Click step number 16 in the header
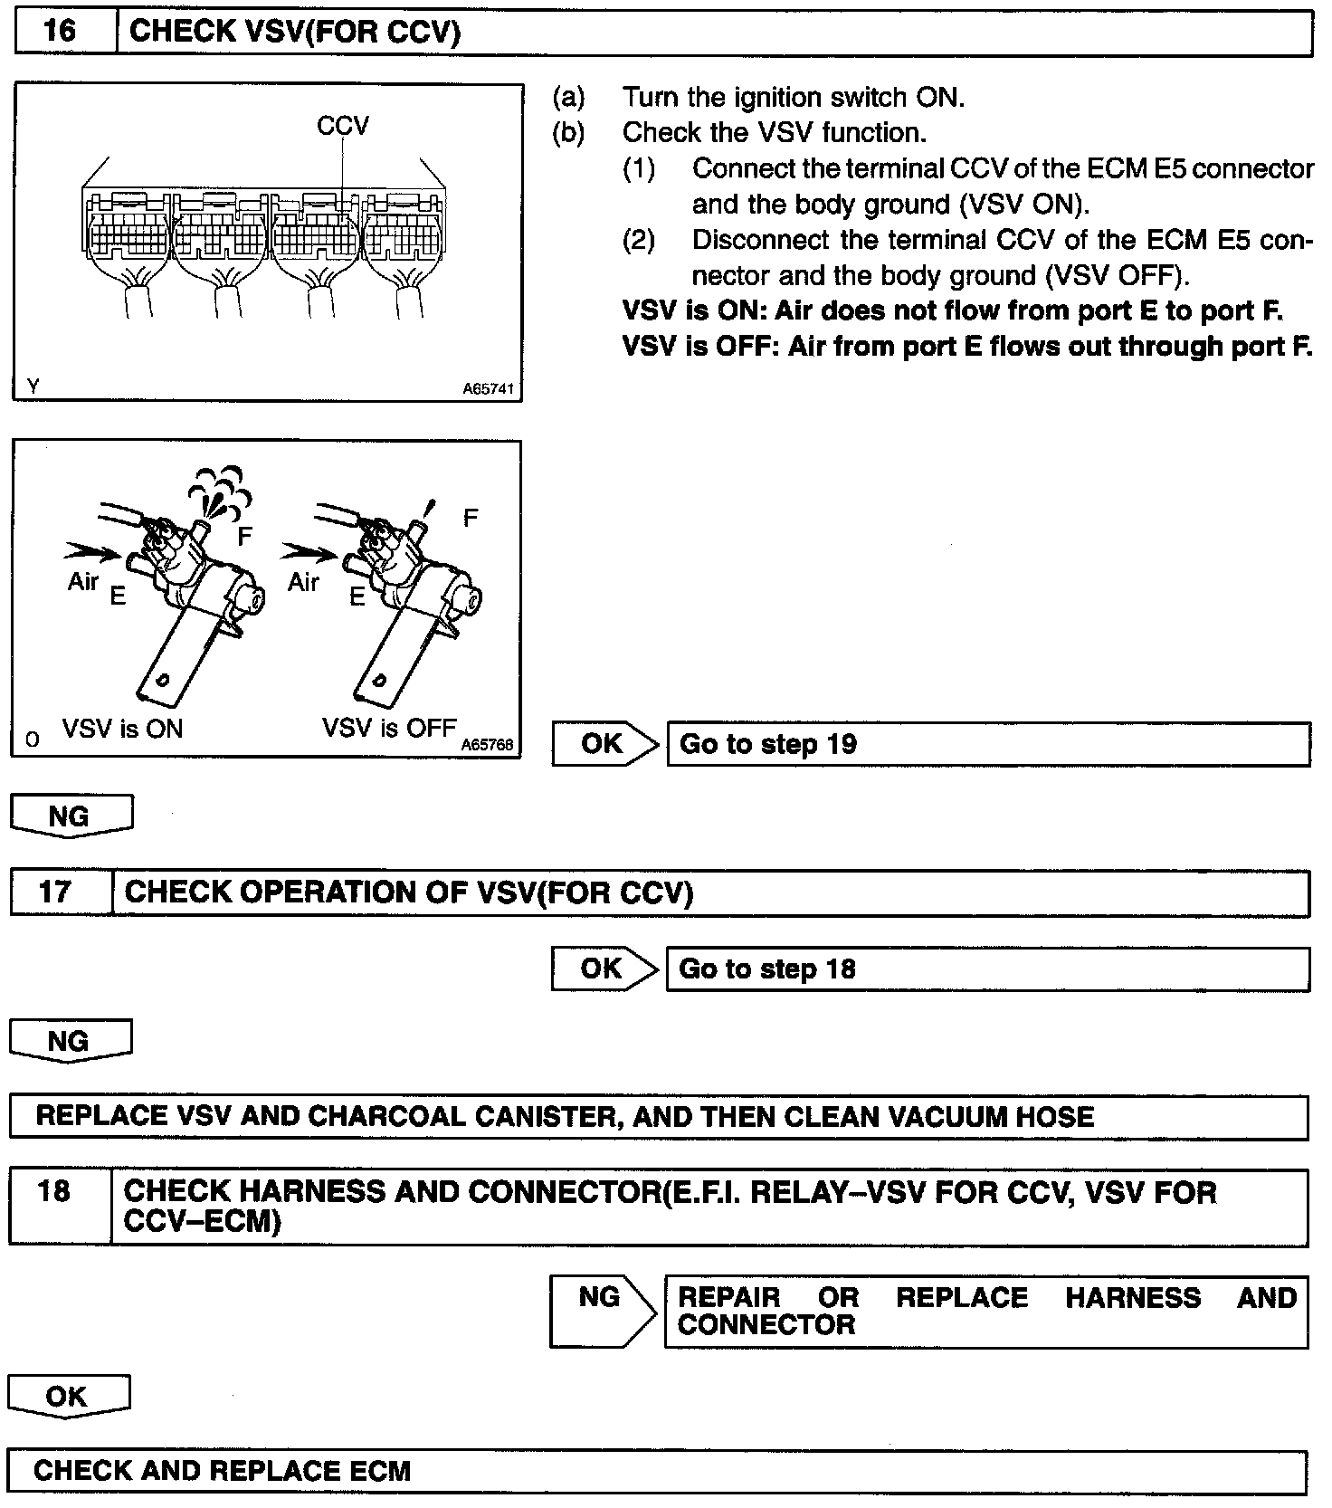coord(61,32)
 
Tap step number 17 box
coord(54,892)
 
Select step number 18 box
coord(54,1191)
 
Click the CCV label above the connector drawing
coord(343,126)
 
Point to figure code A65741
coord(488,389)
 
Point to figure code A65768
coord(487,744)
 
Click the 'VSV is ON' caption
coord(122,729)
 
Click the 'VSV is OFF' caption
coord(389,729)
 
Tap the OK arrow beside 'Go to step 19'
coord(604,744)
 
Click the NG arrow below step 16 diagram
coord(70,816)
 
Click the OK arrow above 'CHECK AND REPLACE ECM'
coord(68,1397)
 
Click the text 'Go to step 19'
coord(767,744)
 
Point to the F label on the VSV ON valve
coord(244,537)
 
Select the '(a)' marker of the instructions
coord(568,97)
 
